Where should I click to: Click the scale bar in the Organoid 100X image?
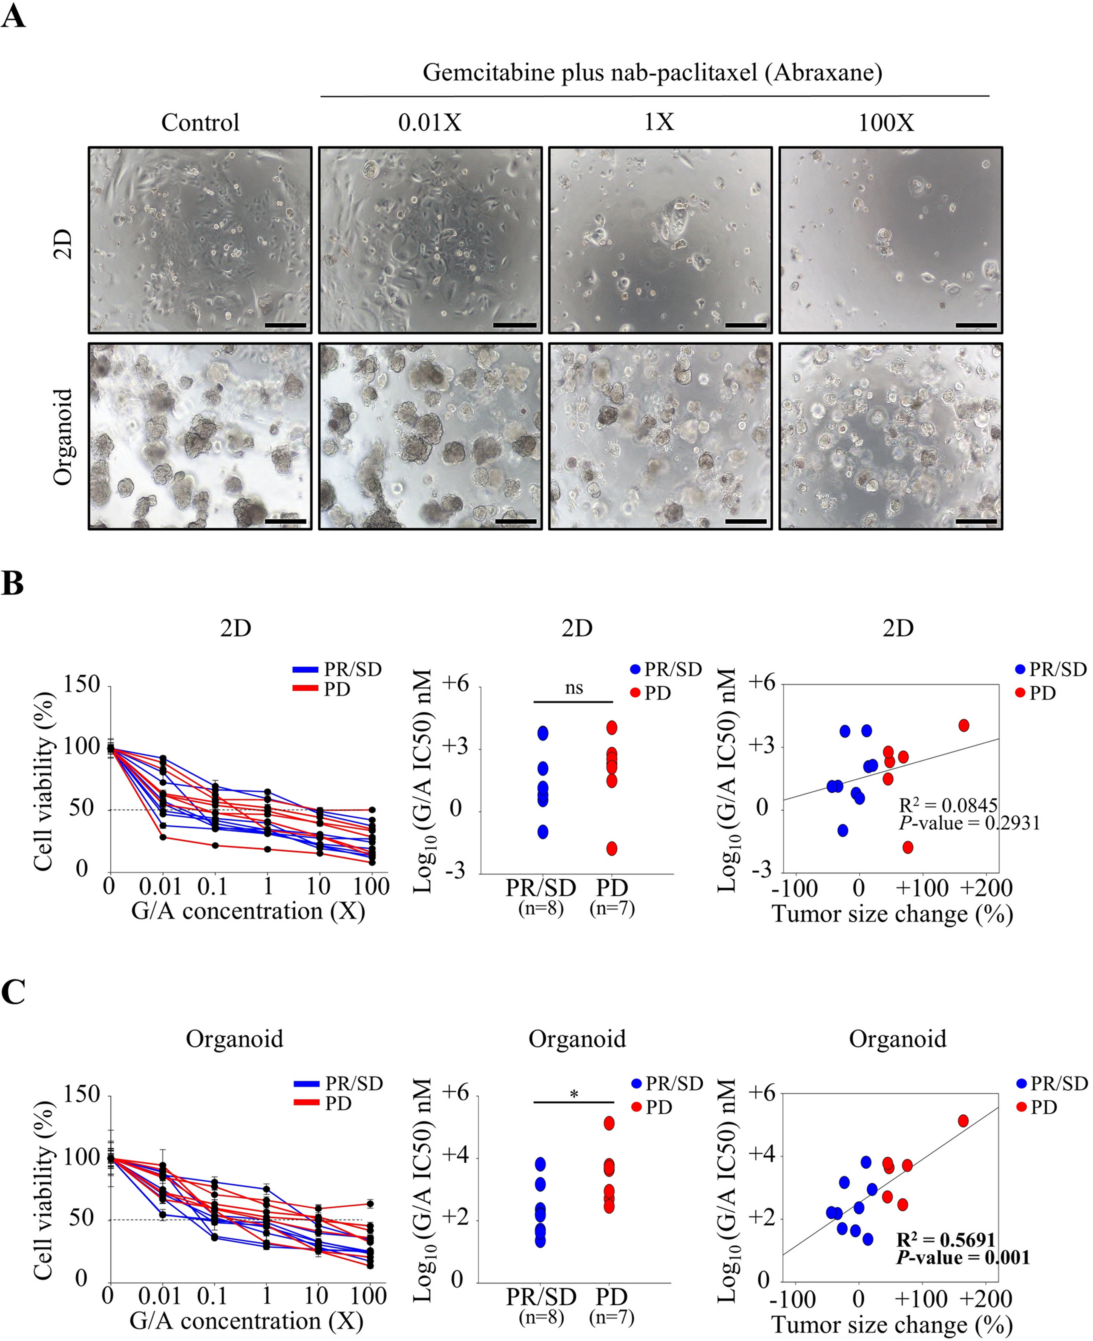click(976, 521)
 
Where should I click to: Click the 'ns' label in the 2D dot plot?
click(574, 688)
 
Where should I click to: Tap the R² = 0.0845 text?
click(948, 805)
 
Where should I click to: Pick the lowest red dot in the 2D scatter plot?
click(908, 847)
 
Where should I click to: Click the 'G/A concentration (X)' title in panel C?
click(246, 1320)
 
